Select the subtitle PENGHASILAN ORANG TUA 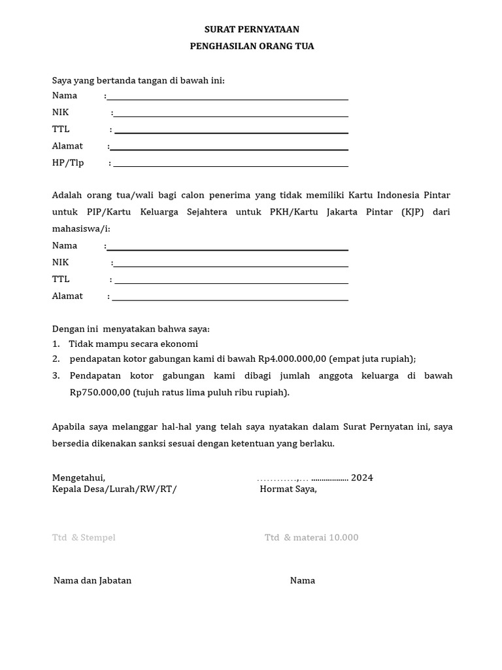[x=252, y=46]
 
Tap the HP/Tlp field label [x=68, y=163]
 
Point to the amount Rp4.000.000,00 [x=292, y=359]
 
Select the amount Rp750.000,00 [x=100, y=393]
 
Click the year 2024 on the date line [x=362, y=478]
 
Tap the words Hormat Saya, [x=288, y=489]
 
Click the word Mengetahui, [x=78, y=478]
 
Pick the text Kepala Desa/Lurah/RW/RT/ [x=114, y=489]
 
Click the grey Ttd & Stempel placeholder [x=84, y=538]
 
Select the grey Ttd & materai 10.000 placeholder [x=312, y=538]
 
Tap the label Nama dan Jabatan [x=92, y=580]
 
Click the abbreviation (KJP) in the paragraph [x=410, y=212]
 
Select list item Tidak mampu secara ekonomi [x=133, y=344]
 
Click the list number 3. [x=56, y=376]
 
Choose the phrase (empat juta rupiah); [x=373, y=359]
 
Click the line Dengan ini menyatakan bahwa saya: [x=131, y=328]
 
